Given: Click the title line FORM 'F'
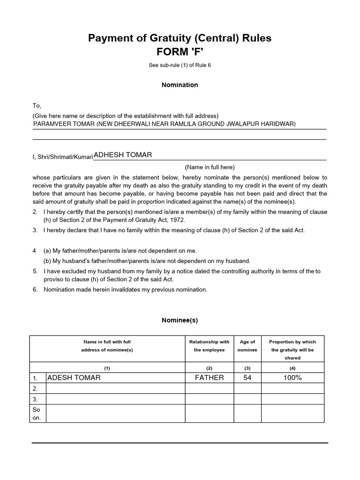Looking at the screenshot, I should [180, 51].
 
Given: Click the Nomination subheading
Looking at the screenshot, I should [180, 85].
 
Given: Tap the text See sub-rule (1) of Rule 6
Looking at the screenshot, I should [180, 65].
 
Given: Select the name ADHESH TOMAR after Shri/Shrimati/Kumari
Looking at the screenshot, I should [123, 155].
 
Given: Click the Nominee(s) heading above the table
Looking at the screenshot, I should [180, 320].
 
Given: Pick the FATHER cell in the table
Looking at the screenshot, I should [210, 377].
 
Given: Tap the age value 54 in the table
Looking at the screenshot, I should [247, 377].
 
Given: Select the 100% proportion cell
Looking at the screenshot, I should [292, 377].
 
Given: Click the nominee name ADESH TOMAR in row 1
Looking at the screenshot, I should [74, 377].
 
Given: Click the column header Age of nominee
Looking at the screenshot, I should [247, 346].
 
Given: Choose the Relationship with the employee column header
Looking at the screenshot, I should [209, 346].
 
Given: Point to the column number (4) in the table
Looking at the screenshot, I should [292, 369].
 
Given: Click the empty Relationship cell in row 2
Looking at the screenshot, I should [210, 388].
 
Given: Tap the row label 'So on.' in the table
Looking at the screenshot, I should [37, 413].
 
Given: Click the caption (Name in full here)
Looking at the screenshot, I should [210, 167].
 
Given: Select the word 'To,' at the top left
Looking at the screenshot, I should [37, 106].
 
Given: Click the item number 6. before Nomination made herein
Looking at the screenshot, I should [35, 289].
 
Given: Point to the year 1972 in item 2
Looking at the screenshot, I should [178, 220].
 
